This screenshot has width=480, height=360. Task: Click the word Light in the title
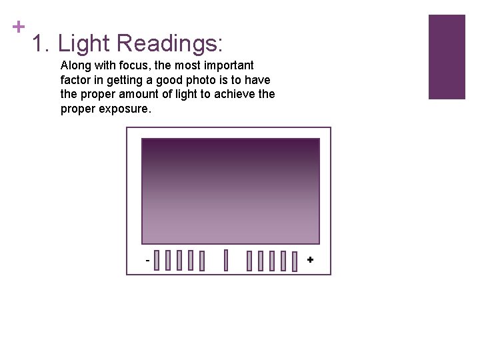point(83,44)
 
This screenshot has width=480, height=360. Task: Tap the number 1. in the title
point(41,44)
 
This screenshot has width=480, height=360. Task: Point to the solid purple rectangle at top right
point(446,57)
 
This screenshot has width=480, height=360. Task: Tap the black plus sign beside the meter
point(309,259)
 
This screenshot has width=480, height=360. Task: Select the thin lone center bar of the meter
point(226,260)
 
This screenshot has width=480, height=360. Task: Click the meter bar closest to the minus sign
point(157,260)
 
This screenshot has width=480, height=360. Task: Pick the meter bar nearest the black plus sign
point(294,260)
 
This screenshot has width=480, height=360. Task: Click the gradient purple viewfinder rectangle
point(231,191)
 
